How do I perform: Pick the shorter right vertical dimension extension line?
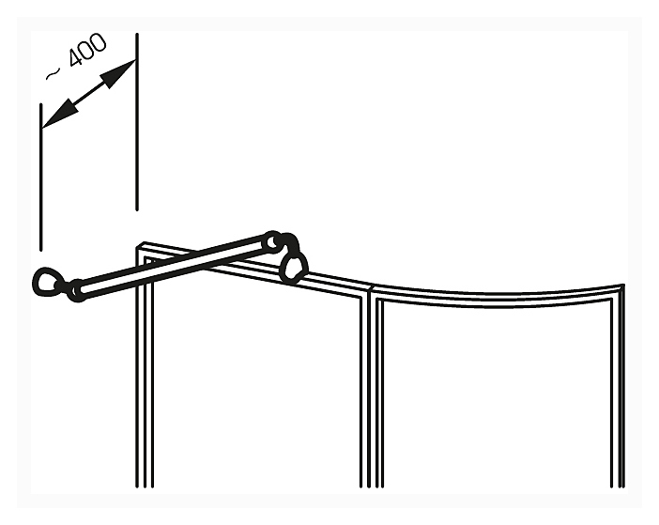pos(138,122)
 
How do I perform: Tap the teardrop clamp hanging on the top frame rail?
pos(294,265)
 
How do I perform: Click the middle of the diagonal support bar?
pos(174,266)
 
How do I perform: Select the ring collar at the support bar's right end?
pos(272,241)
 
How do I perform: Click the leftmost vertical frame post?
pos(144,376)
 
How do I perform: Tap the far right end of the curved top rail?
pos(619,289)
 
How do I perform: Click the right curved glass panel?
pos(498,394)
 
